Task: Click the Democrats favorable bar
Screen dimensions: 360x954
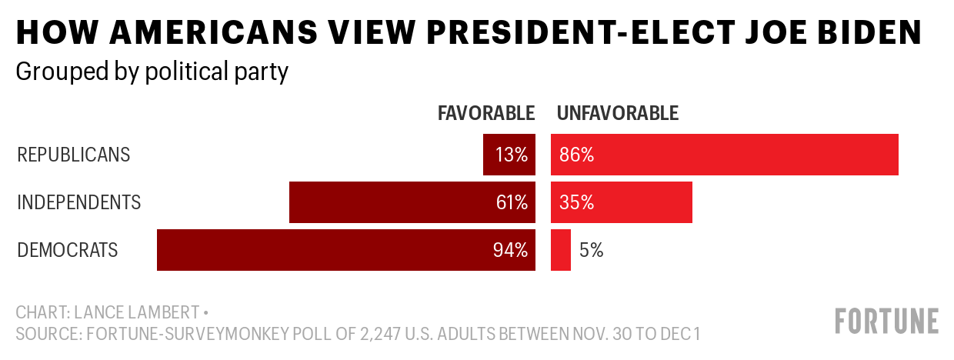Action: (x=323, y=250)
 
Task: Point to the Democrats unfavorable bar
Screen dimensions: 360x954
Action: (x=561, y=250)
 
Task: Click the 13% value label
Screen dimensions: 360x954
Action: (x=512, y=155)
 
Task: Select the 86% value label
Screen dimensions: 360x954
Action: (x=577, y=155)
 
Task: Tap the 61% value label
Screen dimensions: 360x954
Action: (x=512, y=202)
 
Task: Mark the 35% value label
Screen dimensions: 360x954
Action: (x=577, y=202)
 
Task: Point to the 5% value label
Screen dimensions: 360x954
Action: (x=592, y=250)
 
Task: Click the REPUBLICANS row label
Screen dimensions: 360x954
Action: (x=74, y=155)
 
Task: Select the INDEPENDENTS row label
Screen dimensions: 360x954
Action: (x=79, y=202)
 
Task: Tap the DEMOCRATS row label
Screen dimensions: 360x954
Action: (x=68, y=250)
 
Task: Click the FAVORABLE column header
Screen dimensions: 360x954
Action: (x=486, y=114)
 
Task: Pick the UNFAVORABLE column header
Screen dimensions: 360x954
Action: (x=618, y=114)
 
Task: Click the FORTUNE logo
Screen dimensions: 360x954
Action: (x=887, y=321)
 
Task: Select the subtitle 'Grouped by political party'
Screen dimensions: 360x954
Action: (x=152, y=72)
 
